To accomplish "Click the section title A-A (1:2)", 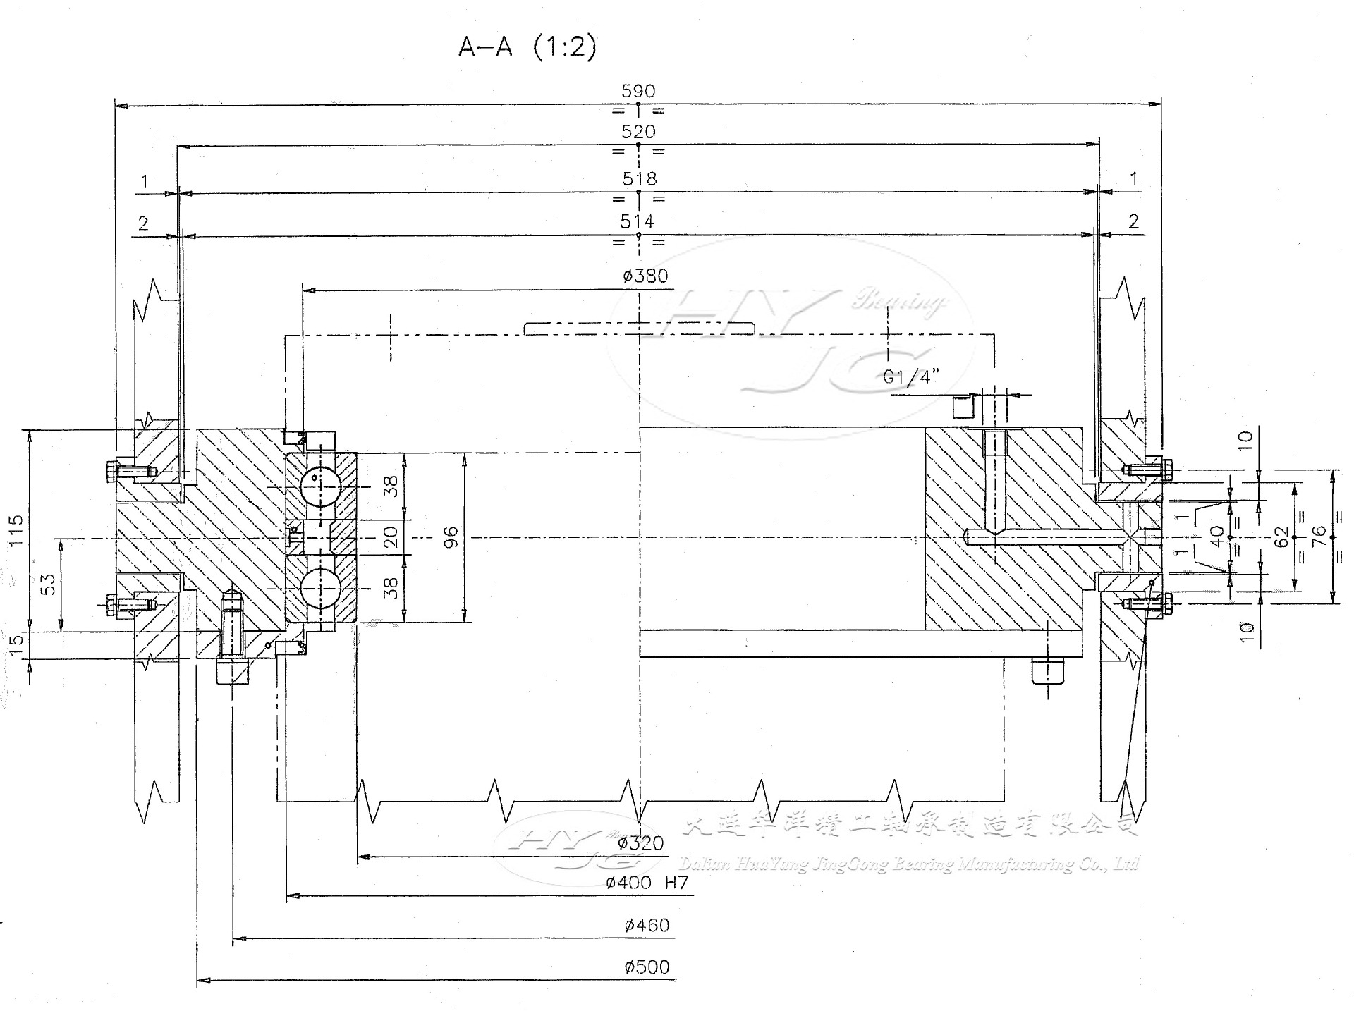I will (527, 47).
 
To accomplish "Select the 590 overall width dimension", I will (638, 91).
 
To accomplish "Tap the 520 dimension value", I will (638, 132).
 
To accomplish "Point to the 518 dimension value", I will (639, 178).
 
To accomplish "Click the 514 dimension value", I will (638, 221).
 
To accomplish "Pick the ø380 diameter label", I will (645, 276).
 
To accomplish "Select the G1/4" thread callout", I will (911, 377).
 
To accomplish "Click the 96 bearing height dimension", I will (451, 537).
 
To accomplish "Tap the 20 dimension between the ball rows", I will (391, 537).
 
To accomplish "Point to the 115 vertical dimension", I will (16, 529).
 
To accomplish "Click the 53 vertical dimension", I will (47, 584).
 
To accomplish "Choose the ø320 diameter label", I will (640, 843).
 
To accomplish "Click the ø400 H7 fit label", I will (647, 883).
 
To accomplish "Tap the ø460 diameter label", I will (646, 925).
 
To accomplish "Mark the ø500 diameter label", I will (646, 967).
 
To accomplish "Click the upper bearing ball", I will (320, 486).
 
